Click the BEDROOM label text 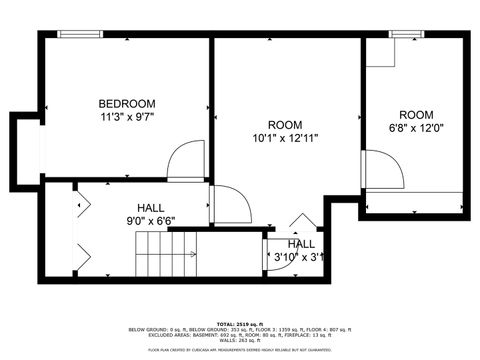click(x=126, y=104)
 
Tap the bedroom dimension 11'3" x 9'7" click(x=126, y=118)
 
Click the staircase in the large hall click(x=156, y=245)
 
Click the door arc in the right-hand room click(x=384, y=169)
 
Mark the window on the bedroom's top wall click(x=79, y=34)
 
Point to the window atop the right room click(x=406, y=34)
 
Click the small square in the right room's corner click(x=380, y=53)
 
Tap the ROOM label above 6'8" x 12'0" click(x=416, y=115)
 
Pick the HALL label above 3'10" click(x=301, y=244)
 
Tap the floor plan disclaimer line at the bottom click(x=239, y=350)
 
